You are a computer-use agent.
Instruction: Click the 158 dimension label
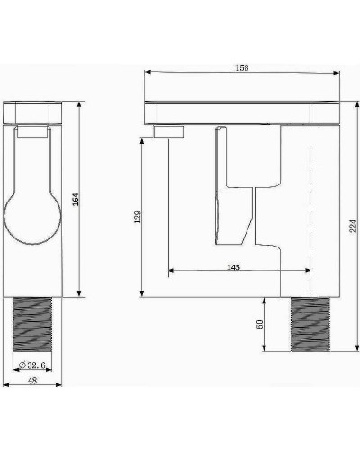point(242,68)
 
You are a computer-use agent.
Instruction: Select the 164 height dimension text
point(76,200)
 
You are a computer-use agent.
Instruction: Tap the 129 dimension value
point(138,217)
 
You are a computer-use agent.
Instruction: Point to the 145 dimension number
point(233,267)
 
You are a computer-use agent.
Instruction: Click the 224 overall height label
point(354,226)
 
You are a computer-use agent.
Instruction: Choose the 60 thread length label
point(260,324)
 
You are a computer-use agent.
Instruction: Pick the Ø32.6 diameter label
point(32,365)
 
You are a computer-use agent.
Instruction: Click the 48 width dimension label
point(32,381)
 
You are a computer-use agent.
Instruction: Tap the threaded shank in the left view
point(32,324)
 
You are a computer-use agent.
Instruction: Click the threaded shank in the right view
point(310,324)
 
